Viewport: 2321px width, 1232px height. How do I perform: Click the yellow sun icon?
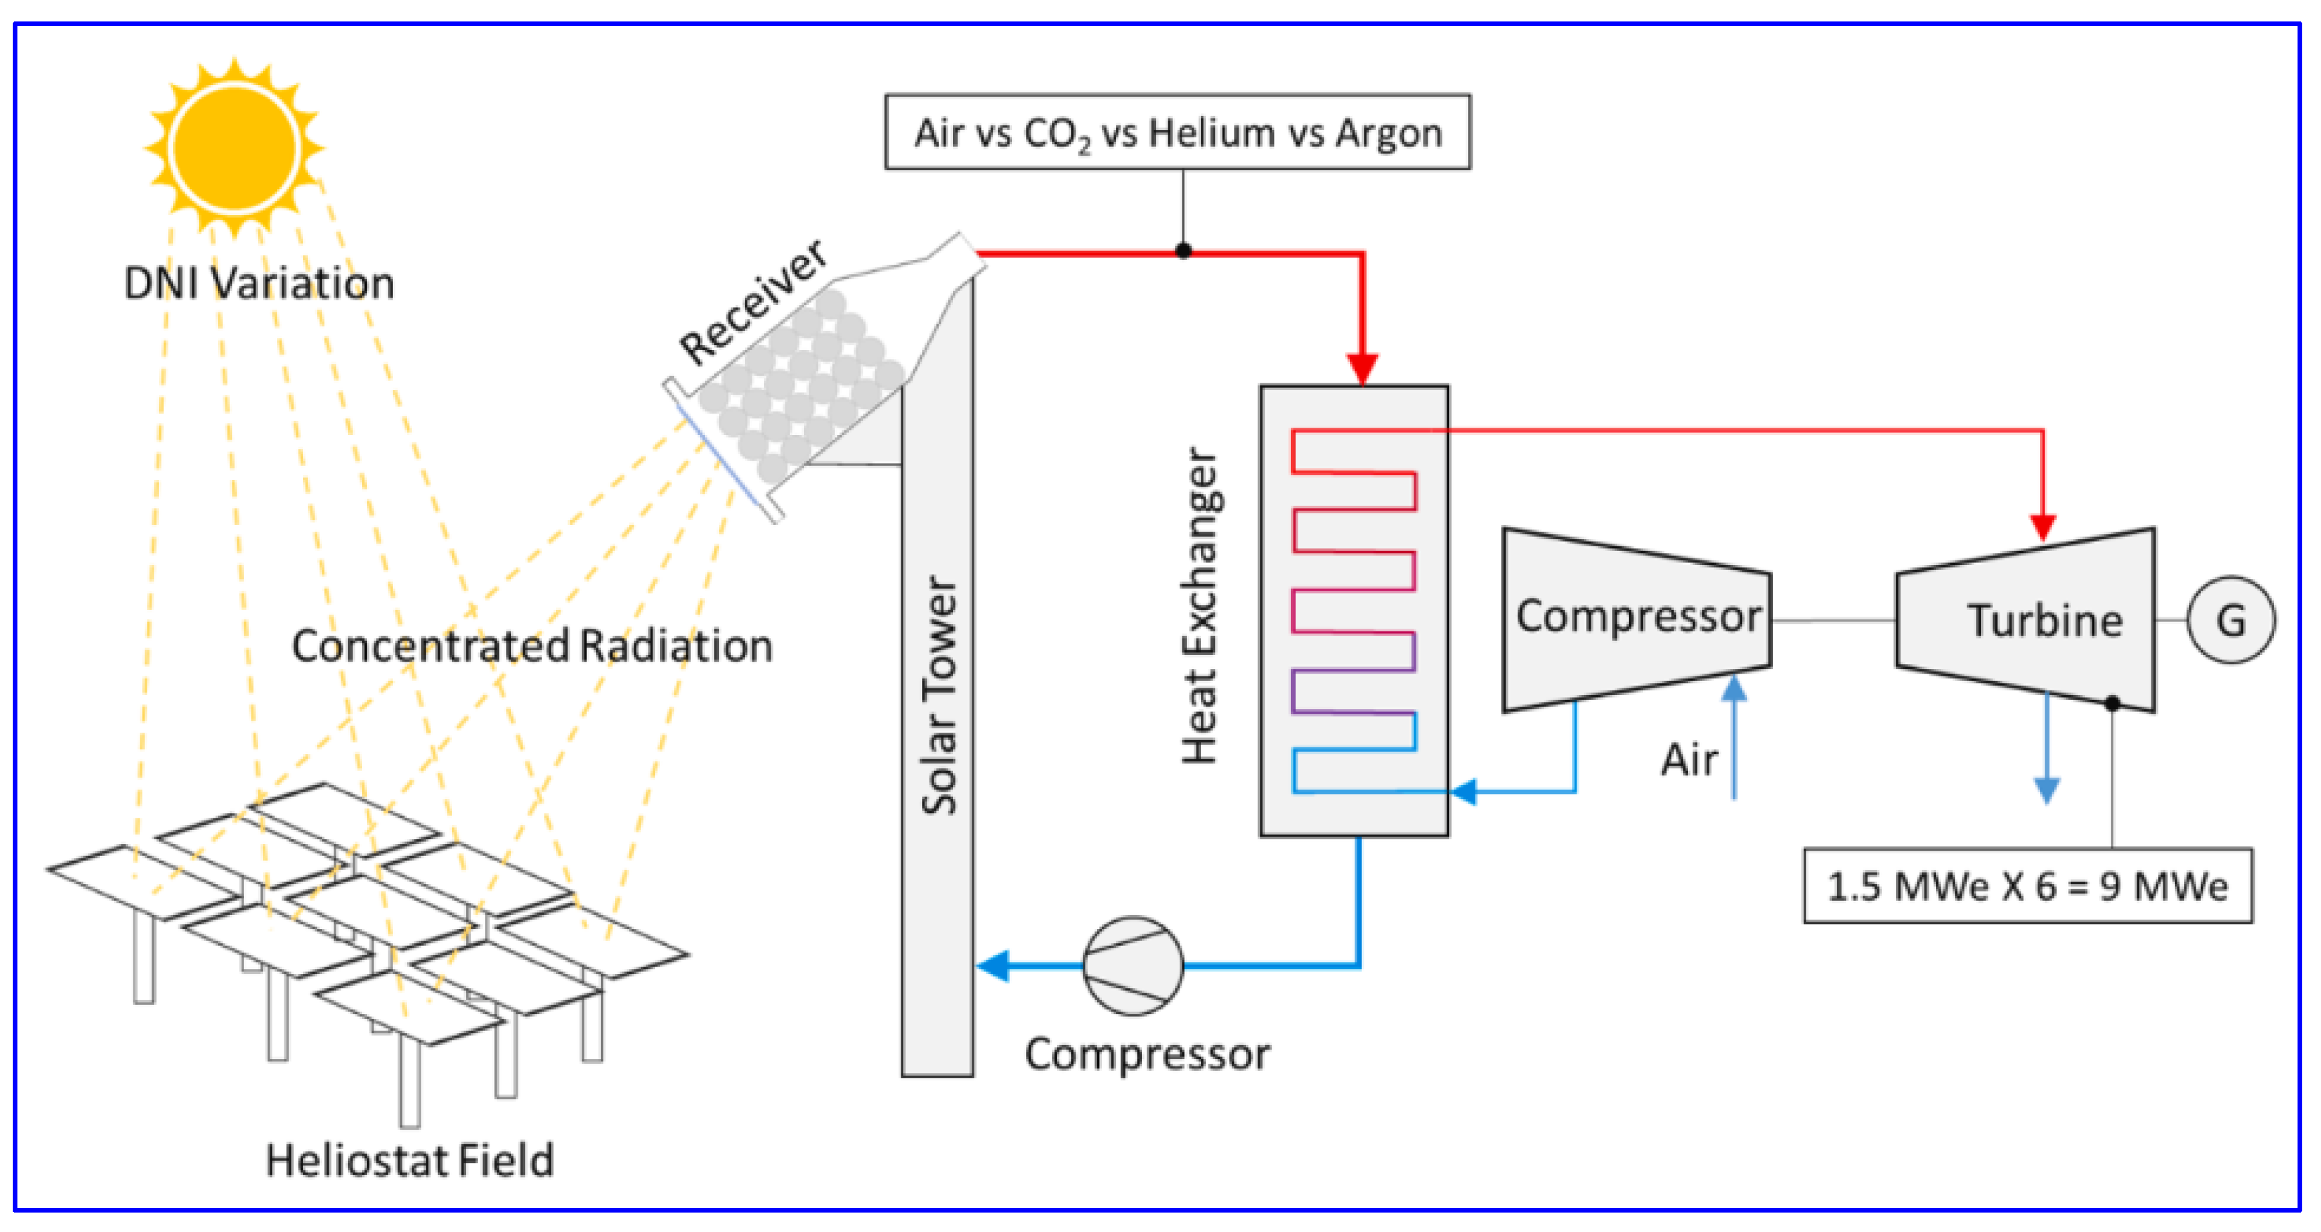pos(234,147)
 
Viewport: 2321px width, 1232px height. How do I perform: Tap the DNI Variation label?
pos(259,283)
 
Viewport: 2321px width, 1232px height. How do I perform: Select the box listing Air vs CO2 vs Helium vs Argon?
pos(1177,133)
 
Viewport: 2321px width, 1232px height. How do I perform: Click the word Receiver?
pos(752,301)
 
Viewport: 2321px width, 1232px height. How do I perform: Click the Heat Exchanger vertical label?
pos(1200,606)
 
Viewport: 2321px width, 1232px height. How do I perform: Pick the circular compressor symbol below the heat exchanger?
pos(1133,965)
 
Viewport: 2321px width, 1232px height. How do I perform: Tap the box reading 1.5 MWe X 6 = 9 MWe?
pos(2027,886)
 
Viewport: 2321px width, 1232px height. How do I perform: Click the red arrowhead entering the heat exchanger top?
pos(1362,369)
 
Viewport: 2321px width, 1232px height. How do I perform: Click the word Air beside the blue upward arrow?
pos(1689,759)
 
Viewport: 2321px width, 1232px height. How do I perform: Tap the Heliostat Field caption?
pos(409,1160)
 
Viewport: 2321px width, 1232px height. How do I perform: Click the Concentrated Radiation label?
pos(532,645)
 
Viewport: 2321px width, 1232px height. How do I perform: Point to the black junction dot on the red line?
pos(1183,251)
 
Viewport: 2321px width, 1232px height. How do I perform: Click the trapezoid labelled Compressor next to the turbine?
pos(1636,619)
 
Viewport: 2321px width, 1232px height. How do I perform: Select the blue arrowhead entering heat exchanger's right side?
pos(1463,792)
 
